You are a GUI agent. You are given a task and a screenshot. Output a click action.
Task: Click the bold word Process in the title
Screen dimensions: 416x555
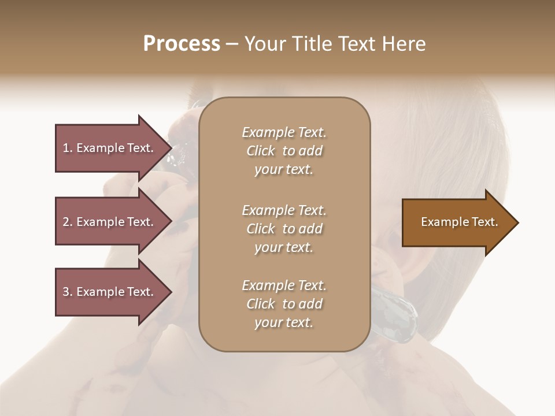(182, 44)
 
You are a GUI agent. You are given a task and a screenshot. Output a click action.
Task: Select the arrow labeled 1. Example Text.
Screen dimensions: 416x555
(108, 148)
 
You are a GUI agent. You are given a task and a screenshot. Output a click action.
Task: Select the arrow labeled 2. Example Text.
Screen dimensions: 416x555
(108, 222)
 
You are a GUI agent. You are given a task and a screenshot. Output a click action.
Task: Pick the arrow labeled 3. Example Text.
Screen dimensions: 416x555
(108, 292)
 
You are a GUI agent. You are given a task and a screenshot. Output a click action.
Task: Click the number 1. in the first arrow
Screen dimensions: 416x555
(68, 148)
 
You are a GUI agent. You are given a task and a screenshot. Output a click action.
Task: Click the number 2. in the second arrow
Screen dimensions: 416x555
(68, 222)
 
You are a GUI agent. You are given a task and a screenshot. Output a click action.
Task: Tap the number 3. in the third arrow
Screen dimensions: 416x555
(68, 292)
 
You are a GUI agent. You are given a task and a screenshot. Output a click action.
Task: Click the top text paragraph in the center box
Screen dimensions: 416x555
(284, 151)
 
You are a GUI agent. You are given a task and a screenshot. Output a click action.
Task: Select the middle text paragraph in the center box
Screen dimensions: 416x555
(284, 229)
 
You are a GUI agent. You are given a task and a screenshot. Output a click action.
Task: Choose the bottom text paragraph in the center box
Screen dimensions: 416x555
(284, 304)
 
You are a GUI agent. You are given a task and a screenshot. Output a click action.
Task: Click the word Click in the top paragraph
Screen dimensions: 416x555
(260, 151)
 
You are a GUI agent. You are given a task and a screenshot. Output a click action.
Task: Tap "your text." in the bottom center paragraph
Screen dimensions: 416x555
(284, 323)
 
